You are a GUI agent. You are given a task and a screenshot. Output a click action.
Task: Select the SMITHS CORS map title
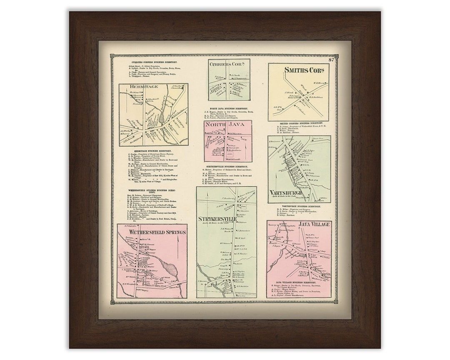coord(298,70)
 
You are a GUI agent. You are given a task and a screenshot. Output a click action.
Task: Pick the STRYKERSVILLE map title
coord(217,219)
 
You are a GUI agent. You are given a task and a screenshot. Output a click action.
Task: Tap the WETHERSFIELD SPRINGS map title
coord(152,232)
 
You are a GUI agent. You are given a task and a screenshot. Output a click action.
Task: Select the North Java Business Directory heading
coord(228,108)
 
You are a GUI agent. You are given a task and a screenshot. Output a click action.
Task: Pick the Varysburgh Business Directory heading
coord(299,206)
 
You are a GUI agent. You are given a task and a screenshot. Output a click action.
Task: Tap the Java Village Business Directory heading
coord(299,282)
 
